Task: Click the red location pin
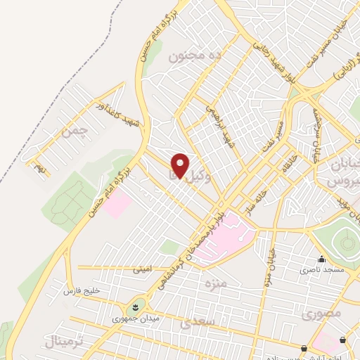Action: (x=181, y=165)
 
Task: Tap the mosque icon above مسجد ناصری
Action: (x=321, y=259)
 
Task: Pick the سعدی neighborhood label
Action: (x=195, y=323)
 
